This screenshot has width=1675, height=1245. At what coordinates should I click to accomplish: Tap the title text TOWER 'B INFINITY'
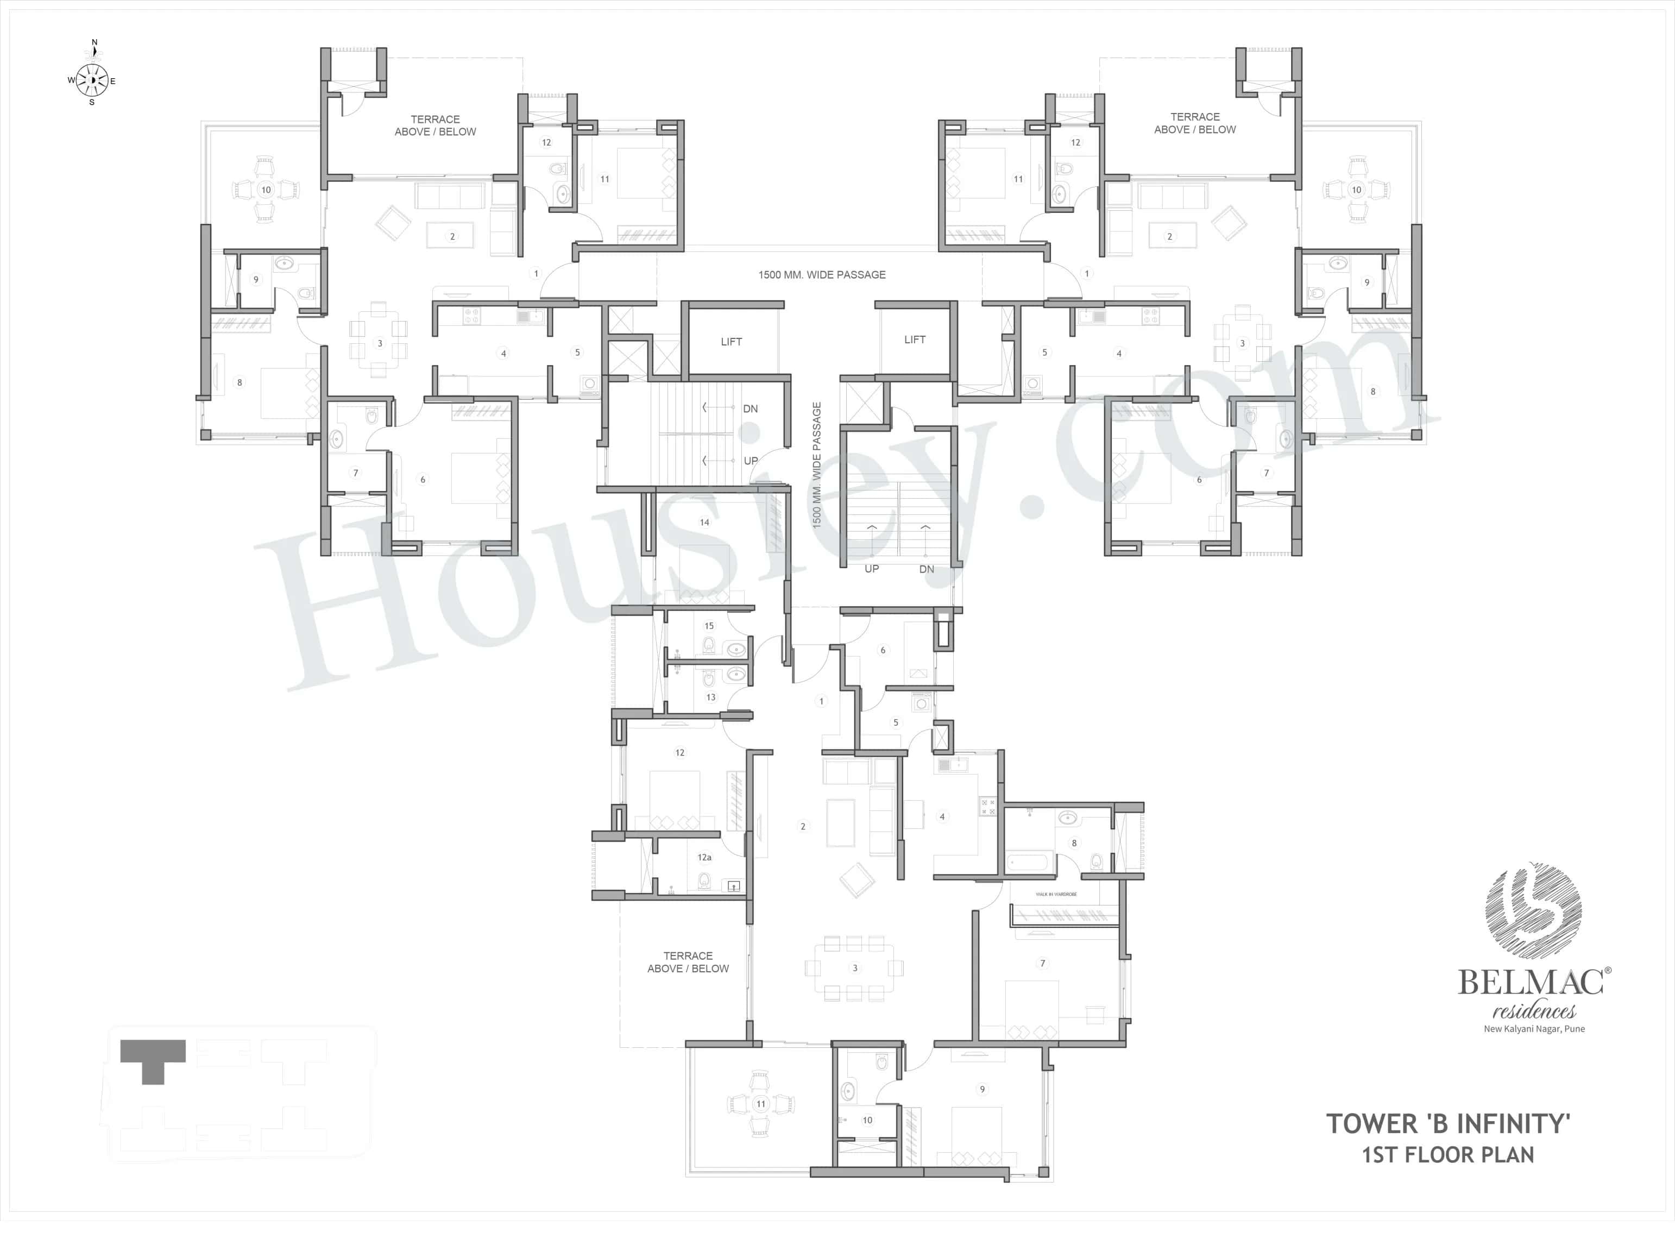pos(1447,1124)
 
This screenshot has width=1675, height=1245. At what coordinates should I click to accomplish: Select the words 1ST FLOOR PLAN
pos(1447,1155)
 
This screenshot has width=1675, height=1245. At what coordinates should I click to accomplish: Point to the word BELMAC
pos(1531,983)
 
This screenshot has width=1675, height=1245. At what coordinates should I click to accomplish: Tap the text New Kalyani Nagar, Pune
pos(1534,1029)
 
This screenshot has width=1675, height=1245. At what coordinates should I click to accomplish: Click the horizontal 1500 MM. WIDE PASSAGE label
pos(821,275)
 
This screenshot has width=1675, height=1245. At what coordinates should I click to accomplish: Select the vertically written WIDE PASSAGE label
pos(817,465)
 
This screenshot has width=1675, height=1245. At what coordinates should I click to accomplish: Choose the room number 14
pos(704,522)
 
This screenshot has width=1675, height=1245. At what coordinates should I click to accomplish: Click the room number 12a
pos(704,858)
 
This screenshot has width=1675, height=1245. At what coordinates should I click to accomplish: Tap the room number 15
pos(709,626)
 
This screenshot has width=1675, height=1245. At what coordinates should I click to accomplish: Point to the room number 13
pos(710,697)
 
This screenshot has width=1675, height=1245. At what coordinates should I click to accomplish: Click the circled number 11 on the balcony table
pos(761,1104)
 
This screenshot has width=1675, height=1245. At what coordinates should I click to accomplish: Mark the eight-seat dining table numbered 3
pos(854,967)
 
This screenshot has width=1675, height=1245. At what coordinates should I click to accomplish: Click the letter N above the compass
pos(94,43)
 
